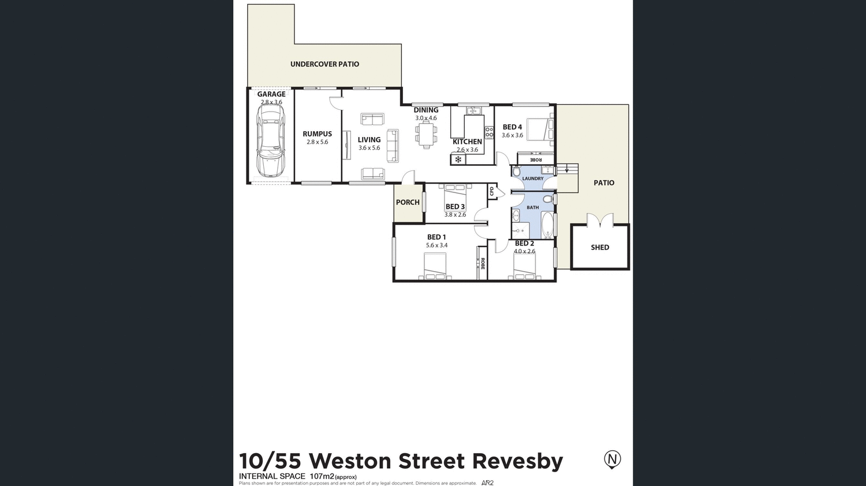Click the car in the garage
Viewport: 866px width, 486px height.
pyautogui.click(x=271, y=140)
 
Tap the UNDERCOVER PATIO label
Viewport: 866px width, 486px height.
pyautogui.click(x=324, y=64)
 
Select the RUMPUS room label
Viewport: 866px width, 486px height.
pyautogui.click(x=317, y=134)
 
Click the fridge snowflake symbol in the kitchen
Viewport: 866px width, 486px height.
pyautogui.click(x=458, y=159)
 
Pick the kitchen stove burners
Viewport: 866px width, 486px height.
pyautogui.click(x=489, y=132)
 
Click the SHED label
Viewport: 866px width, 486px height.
pyautogui.click(x=600, y=247)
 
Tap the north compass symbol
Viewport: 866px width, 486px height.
pyautogui.click(x=612, y=459)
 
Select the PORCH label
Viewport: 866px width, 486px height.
pyautogui.click(x=408, y=202)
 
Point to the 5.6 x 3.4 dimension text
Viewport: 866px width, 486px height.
pyautogui.click(x=436, y=246)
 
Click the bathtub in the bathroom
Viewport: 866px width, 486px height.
pyautogui.click(x=547, y=225)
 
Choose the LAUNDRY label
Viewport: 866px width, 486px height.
pyautogui.click(x=532, y=179)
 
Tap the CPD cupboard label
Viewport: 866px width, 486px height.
pyautogui.click(x=492, y=191)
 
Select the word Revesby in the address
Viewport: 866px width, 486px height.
pyautogui.click(x=517, y=461)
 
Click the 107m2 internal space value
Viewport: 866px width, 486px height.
pyautogui.click(x=322, y=476)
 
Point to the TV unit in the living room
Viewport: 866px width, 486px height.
pyautogui.click(x=346, y=145)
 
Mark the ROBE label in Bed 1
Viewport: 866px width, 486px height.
pyautogui.click(x=483, y=264)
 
